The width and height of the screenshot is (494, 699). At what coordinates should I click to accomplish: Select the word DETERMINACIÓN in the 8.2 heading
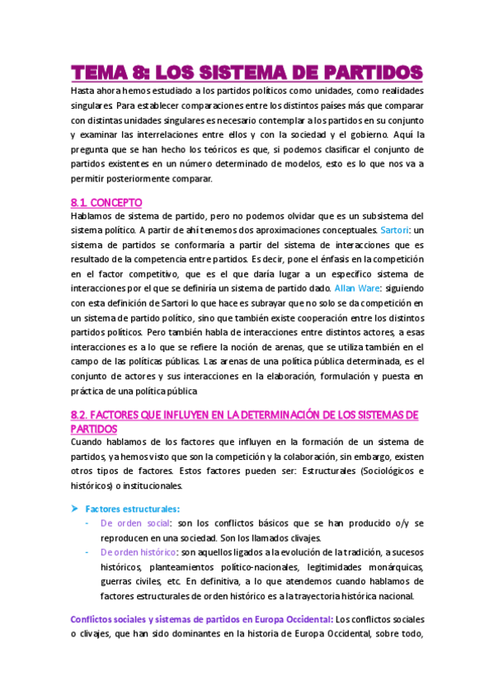(277, 414)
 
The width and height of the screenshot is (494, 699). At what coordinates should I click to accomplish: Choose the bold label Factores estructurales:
(132, 509)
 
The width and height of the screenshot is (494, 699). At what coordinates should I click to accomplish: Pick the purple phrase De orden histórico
(138, 552)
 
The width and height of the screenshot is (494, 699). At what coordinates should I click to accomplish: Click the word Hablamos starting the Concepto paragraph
(92, 216)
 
